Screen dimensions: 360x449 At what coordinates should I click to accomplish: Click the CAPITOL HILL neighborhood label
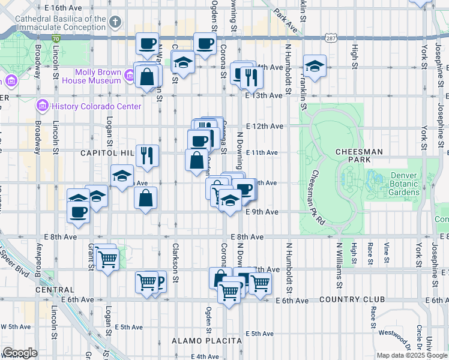pos(107,153)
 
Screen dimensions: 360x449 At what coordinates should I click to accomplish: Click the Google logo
pos(20,353)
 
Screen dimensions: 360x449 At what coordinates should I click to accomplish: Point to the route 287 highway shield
pos(332,38)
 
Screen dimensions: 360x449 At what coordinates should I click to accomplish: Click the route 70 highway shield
pos(56,38)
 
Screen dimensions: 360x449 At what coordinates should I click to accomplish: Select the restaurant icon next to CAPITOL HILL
pos(147,155)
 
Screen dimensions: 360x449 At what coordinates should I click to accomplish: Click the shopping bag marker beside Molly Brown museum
pos(146,76)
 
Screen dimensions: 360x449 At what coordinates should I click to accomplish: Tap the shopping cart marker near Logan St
pos(107,260)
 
